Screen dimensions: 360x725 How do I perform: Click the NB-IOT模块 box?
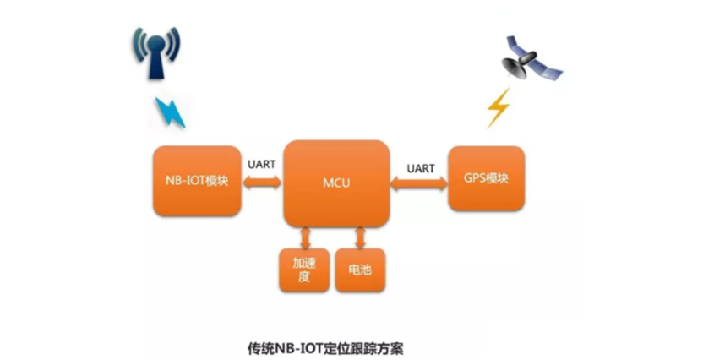pos(197,182)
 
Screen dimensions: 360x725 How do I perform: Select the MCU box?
pos(336,183)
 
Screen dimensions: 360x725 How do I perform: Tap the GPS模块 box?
pos(486,179)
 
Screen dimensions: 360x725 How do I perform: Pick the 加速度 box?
pos(304,270)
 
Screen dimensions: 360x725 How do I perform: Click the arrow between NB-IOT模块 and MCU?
pos(261,182)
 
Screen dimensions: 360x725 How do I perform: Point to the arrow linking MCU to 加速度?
pos(306,237)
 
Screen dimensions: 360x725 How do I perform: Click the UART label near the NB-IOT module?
pos(262,164)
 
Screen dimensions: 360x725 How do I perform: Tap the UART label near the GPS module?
pos(420,168)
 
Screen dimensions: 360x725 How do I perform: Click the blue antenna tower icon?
pos(156,52)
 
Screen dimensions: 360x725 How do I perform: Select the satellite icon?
pos(531,58)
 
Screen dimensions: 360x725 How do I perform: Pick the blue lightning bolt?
pos(169,111)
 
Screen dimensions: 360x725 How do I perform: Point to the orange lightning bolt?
pos(498,107)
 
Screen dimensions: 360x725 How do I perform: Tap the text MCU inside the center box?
pos(336,183)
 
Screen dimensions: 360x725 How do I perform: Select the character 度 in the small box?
pos(304,278)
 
